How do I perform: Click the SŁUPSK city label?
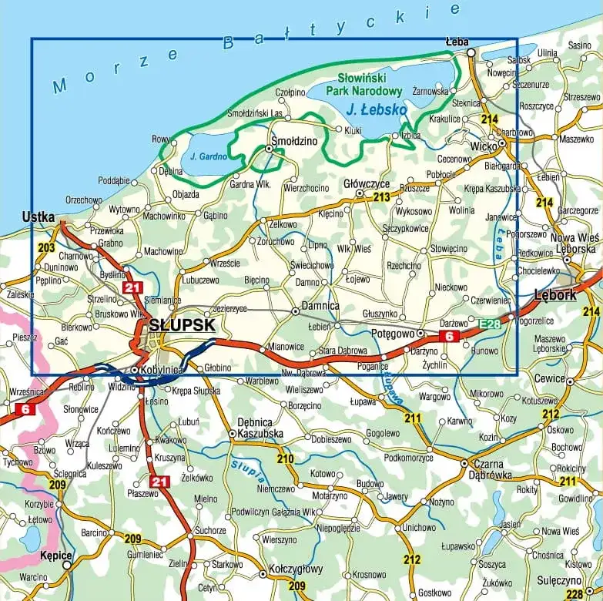(182, 325)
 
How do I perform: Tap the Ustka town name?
(39, 217)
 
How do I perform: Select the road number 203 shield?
(46, 248)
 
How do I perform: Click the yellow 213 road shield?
(381, 197)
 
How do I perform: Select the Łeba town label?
(457, 42)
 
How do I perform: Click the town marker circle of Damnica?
(295, 311)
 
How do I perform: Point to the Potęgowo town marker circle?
(420, 334)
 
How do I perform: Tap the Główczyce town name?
(367, 184)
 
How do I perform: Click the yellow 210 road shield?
(286, 459)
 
